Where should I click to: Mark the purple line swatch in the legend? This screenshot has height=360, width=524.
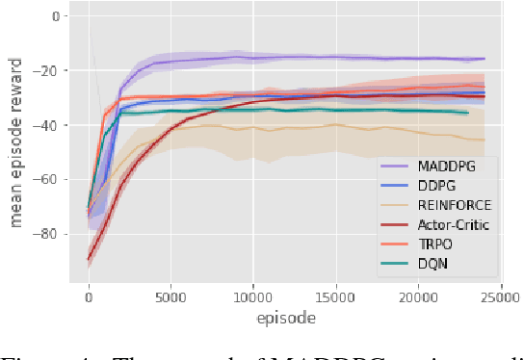[x=395, y=166]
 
